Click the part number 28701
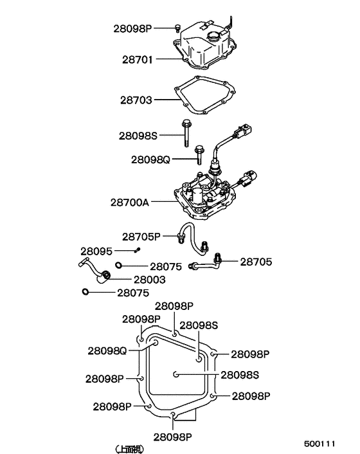137,60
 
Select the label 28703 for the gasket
136,100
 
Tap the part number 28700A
130,203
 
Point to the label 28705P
141,237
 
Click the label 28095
96,251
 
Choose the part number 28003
150,280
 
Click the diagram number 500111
319,444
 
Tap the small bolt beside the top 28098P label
177,28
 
